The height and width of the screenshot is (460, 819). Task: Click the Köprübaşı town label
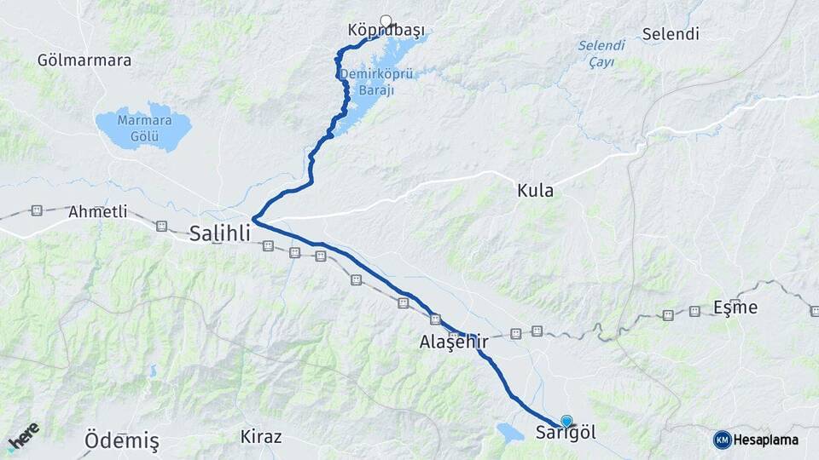pos(386,32)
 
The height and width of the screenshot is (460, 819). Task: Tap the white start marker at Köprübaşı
pos(386,20)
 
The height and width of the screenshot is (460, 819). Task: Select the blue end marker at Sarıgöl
pos(566,421)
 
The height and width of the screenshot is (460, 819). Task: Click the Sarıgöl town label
pos(566,433)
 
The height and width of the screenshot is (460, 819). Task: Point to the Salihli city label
pos(220,233)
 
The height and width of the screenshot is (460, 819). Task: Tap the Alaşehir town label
pos(453,342)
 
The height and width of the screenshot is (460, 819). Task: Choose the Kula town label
pos(535,191)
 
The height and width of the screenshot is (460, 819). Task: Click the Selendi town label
pos(670,35)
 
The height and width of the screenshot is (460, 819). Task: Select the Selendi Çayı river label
pos(601,53)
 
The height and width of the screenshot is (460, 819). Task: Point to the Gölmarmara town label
pos(84,60)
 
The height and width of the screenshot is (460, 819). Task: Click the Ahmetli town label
pos(97,210)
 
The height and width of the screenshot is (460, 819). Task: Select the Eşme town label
pos(735,308)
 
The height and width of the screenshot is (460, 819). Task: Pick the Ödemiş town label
pos(122,441)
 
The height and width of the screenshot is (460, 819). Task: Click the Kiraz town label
pos(261,436)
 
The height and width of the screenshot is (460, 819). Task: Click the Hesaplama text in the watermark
pos(765,440)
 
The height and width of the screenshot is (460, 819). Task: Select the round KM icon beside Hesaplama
pos(722,440)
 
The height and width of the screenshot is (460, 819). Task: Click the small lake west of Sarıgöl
pos(509,432)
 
